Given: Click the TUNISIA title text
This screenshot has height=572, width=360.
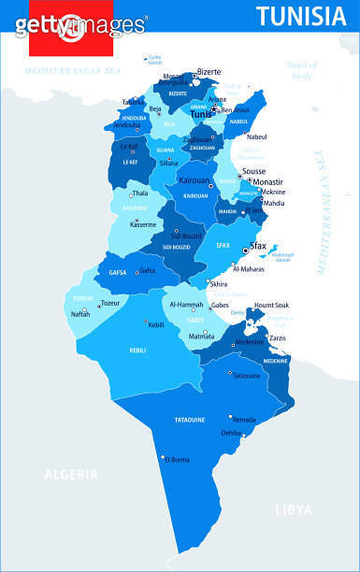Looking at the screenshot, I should (300, 16).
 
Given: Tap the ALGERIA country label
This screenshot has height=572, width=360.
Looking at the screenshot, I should (71, 474).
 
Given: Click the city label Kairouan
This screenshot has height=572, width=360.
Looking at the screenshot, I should (194, 179).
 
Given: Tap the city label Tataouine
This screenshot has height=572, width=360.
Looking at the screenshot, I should (246, 376).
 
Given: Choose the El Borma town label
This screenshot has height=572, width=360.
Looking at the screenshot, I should (177, 460).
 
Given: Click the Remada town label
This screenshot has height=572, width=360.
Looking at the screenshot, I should (244, 420).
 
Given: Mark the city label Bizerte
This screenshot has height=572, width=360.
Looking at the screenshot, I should (209, 71).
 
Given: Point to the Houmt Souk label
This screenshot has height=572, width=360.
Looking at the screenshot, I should (272, 305).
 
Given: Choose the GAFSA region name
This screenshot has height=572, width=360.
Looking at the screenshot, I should (117, 272).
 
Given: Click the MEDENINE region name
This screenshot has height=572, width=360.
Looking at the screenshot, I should (275, 361).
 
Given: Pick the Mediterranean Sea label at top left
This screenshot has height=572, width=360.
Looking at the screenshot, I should (74, 71).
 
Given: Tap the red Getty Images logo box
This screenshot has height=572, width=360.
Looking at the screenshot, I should (70, 29).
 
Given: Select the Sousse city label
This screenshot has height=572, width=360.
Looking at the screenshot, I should (253, 172).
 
